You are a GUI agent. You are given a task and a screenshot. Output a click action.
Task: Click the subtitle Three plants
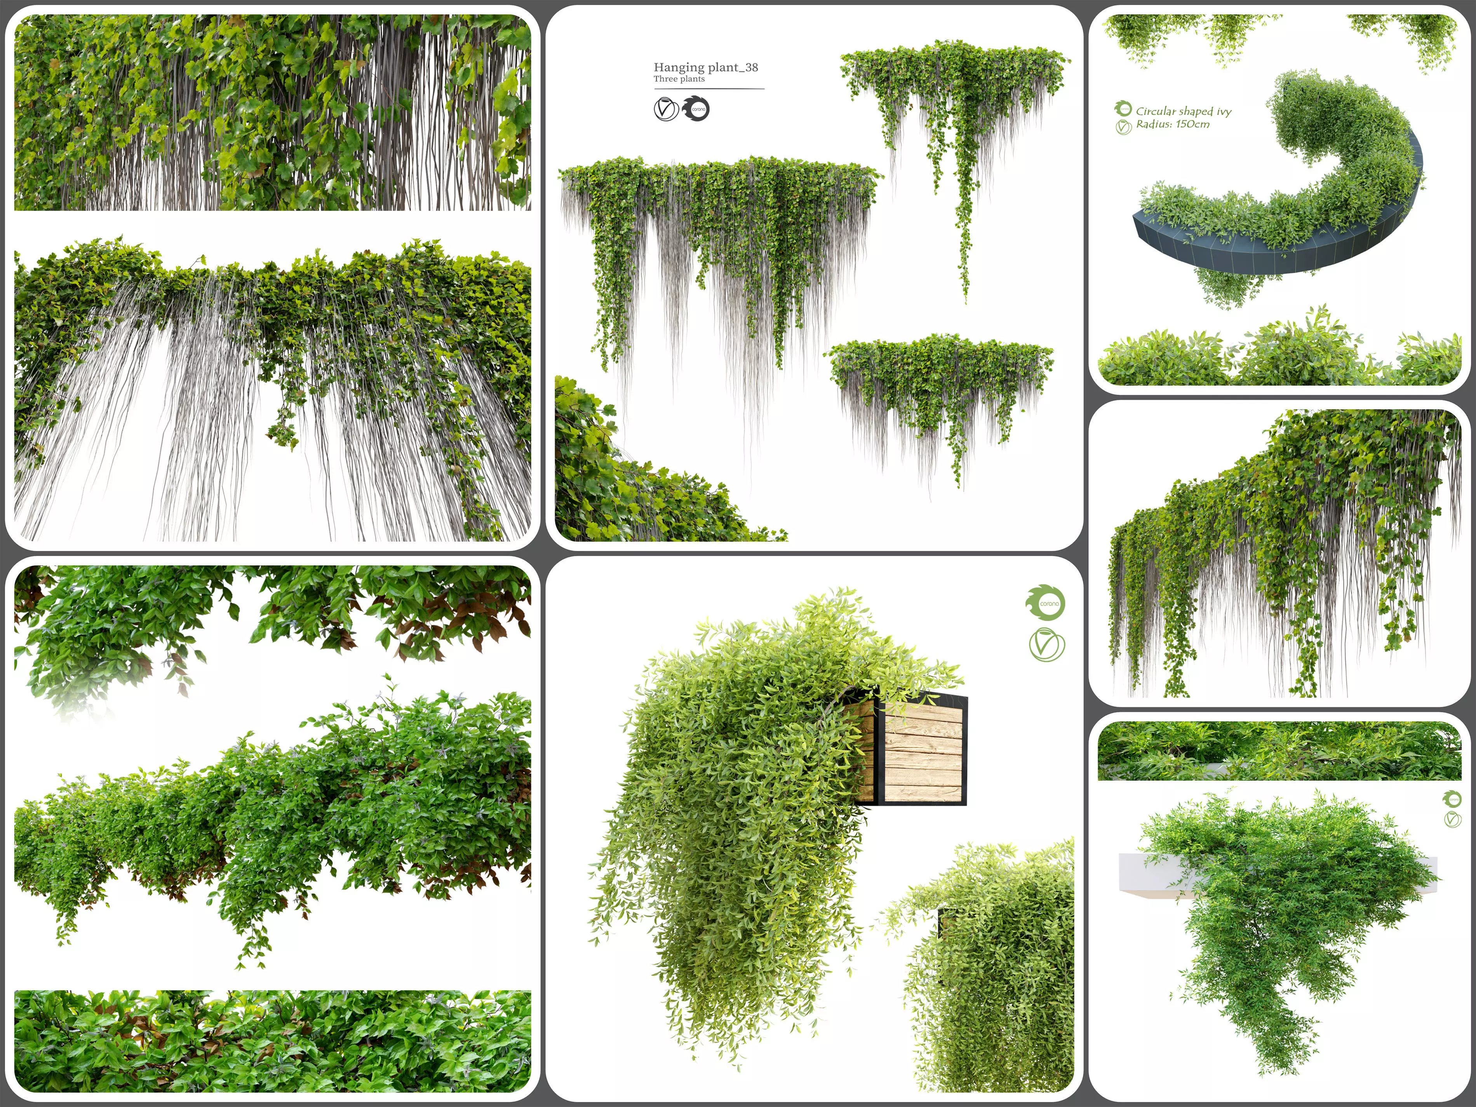(679, 79)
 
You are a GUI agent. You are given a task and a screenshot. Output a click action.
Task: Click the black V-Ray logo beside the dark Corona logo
(665, 109)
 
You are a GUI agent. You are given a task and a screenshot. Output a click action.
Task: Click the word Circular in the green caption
(1156, 111)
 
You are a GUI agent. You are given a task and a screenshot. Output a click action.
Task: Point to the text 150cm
(1192, 125)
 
